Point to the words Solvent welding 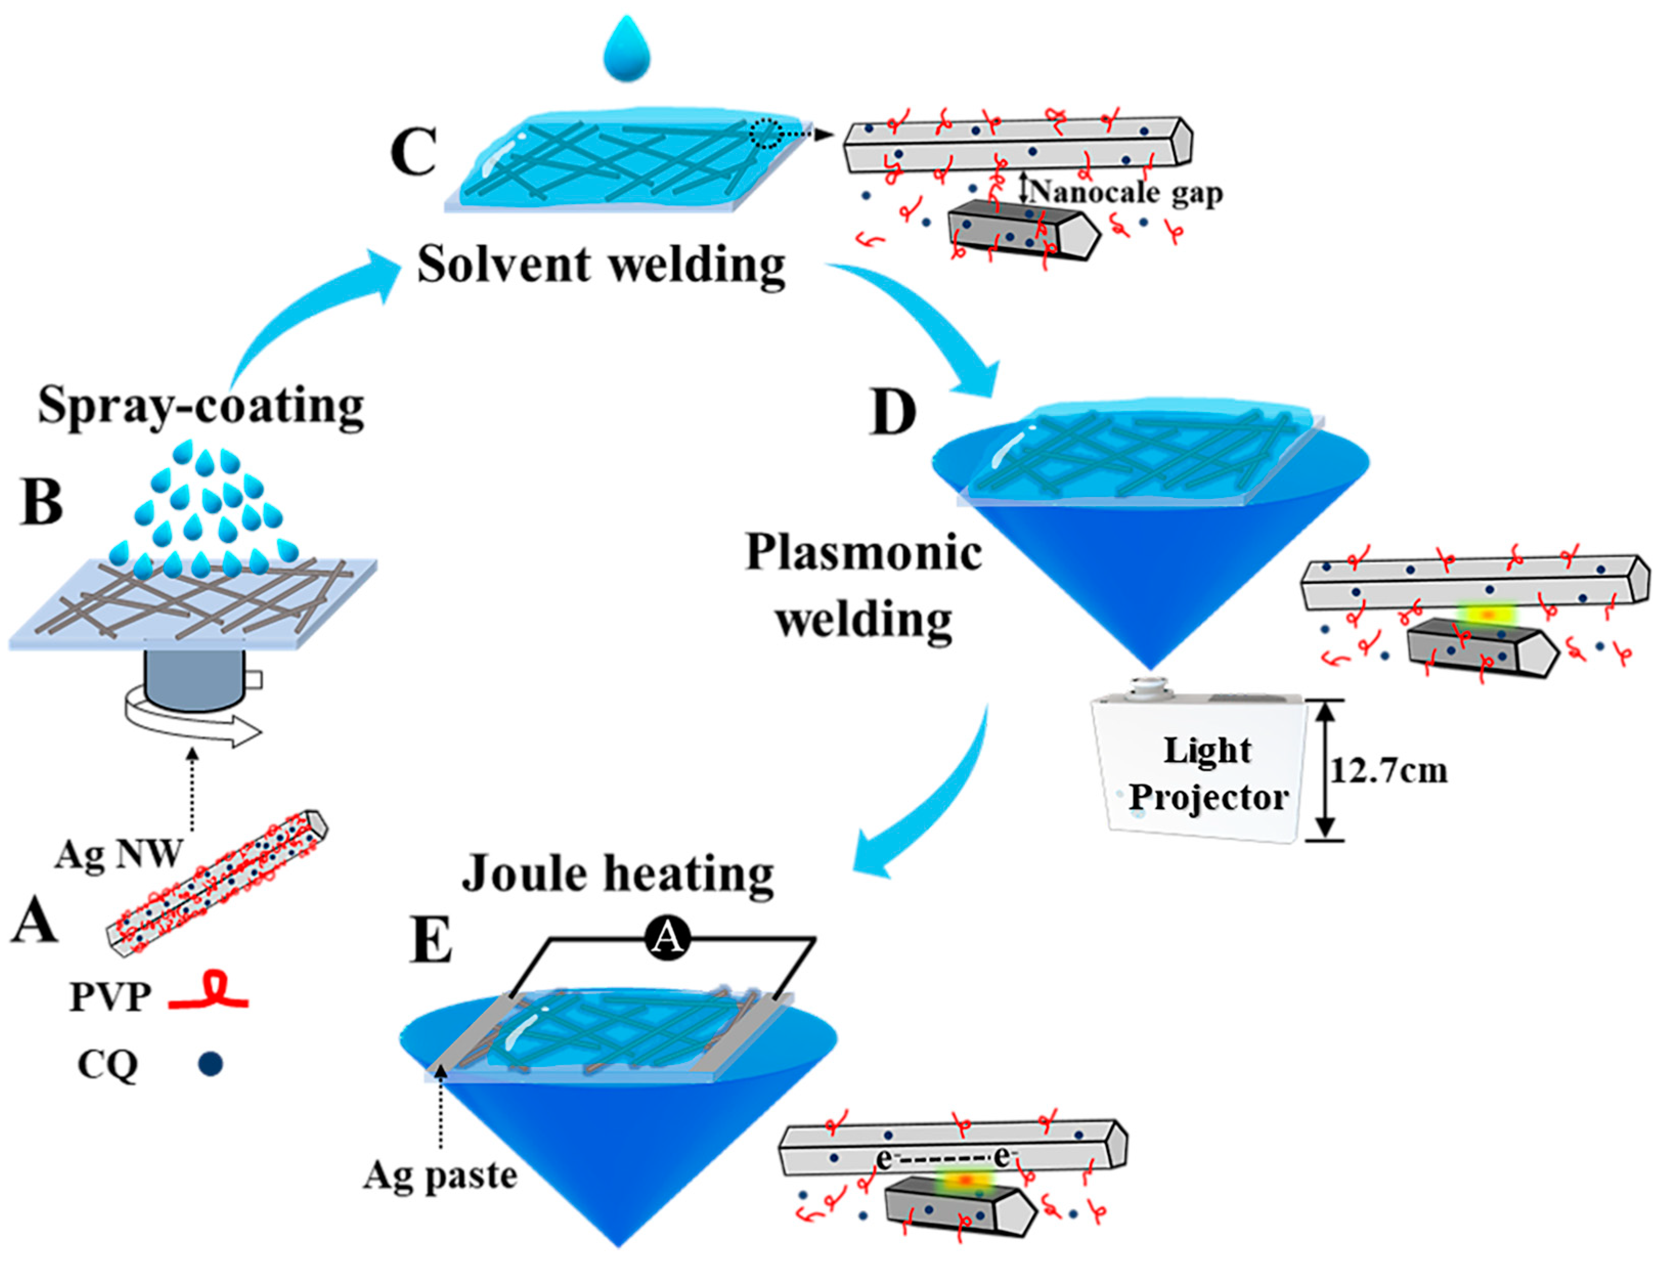tap(601, 265)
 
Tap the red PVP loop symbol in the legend tap(209, 999)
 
